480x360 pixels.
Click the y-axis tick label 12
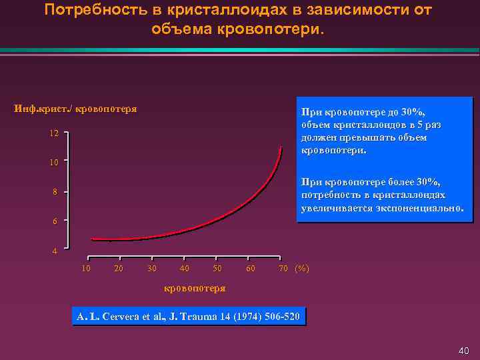click(x=54, y=133)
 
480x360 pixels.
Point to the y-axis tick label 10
click(x=54, y=162)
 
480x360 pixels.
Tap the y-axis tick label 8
click(x=56, y=192)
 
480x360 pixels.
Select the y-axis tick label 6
click(x=56, y=221)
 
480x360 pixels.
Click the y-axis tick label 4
click(x=56, y=251)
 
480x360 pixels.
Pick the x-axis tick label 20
click(x=118, y=268)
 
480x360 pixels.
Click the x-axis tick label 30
click(x=152, y=268)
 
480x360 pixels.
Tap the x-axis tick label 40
click(x=185, y=268)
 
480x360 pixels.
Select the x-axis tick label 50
click(x=217, y=268)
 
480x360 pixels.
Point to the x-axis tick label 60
click(x=250, y=268)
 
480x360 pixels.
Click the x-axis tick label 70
click(x=283, y=268)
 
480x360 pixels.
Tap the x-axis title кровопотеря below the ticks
click(x=195, y=288)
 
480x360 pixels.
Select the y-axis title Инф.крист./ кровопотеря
click(x=76, y=109)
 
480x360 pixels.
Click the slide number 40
click(x=465, y=351)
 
